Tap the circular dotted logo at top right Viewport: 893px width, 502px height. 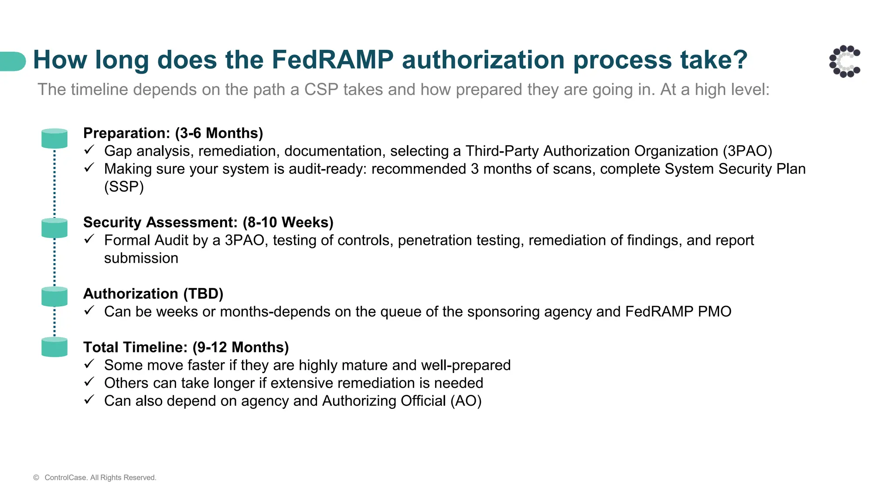(x=845, y=61)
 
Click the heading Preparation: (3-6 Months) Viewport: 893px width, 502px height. (x=173, y=133)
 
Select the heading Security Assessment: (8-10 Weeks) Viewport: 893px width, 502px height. (x=208, y=222)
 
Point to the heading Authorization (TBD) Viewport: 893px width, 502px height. (x=153, y=294)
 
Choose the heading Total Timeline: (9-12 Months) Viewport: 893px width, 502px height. (x=186, y=347)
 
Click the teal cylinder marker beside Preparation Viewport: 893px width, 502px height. (x=55, y=139)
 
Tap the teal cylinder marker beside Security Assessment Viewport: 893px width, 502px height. (x=55, y=228)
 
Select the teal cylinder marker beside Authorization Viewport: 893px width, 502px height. (x=55, y=297)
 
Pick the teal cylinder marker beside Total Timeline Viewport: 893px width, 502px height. (x=55, y=347)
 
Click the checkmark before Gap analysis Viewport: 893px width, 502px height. (x=89, y=150)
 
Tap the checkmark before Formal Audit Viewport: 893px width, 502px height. (x=89, y=239)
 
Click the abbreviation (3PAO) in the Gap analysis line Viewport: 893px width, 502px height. (x=747, y=151)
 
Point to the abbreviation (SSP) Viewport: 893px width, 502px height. (x=124, y=187)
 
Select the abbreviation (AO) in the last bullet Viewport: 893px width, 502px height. (x=466, y=401)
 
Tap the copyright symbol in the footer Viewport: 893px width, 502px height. (x=36, y=478)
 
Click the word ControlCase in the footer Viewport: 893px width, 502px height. (x=65, y=478)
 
